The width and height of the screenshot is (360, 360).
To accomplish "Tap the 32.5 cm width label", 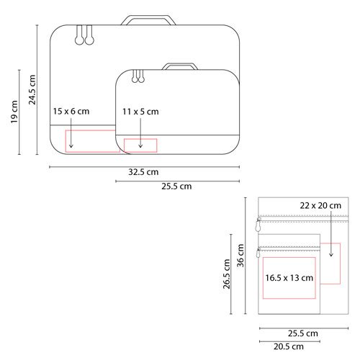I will (143, 172).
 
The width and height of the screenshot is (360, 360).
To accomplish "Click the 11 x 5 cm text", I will (141, 112).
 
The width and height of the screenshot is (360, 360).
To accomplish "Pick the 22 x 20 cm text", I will (320, 205).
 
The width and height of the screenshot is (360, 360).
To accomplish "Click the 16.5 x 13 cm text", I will (289, 277).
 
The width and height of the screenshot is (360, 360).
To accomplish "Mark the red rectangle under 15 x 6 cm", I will (92, 141).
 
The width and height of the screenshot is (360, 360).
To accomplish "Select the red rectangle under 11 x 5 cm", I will (140, 145).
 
